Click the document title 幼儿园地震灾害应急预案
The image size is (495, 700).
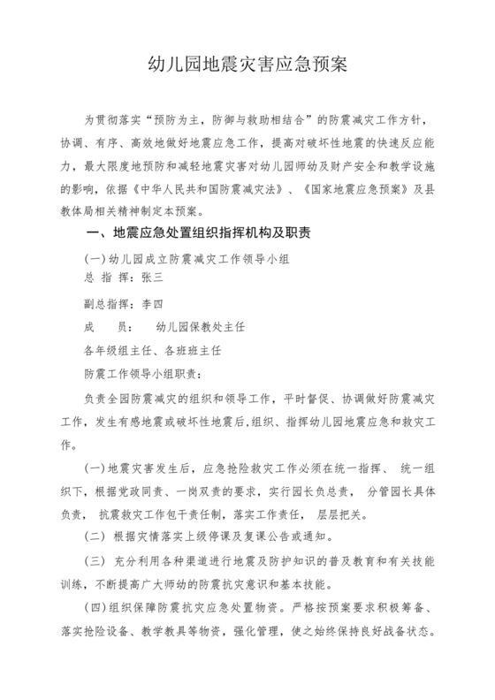click(x=247, y=65)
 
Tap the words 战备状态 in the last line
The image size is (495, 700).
click(x=403, y=633)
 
